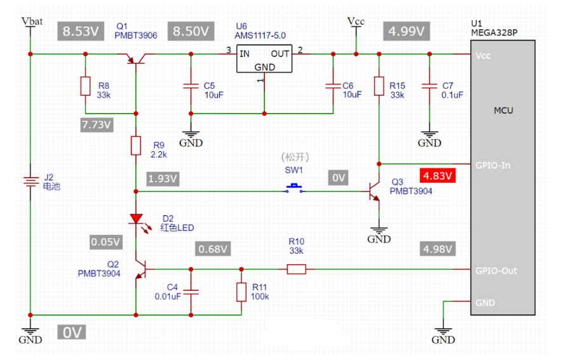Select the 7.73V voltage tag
97,124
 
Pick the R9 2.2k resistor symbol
136,145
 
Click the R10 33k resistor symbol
296,269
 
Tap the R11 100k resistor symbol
241,291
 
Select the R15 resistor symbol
379,86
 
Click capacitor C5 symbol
189,86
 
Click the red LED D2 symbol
136,219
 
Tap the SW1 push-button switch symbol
293,188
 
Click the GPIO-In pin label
494,165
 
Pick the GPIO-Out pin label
496,270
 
